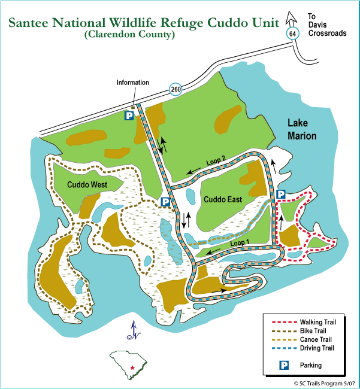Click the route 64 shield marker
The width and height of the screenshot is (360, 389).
[292, 34]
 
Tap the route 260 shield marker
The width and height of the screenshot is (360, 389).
[176, 90]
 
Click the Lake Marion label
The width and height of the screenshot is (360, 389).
[301, 129]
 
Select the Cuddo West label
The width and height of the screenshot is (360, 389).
[87, 185]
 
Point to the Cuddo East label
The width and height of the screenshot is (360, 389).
[222, 200]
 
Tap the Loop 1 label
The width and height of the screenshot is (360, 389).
[238, 243]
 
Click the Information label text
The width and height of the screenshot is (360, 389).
[132, 83]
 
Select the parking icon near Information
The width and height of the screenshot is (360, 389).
[129, 115]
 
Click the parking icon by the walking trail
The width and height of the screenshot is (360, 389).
[280, 194]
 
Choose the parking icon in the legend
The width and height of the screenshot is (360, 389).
[286, 364]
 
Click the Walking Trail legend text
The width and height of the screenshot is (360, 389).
[318, 322]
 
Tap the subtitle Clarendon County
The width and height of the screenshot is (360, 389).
[130, 35]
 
